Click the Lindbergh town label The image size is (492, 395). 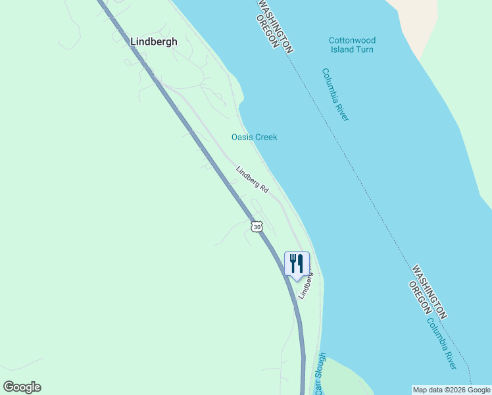point(154,41)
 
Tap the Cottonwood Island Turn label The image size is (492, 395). point(352,45)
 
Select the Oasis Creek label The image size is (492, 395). point(254,137)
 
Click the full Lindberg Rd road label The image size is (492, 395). point(253,179)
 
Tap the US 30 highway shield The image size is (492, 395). point(257,226)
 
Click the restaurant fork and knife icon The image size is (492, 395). point(297,264)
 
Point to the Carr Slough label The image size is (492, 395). point(320,374)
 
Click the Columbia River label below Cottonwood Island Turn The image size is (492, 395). point(335,94)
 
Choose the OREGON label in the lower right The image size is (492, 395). point(420,298)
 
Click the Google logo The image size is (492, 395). point(22,387)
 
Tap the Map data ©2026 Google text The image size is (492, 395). point(451,390)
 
